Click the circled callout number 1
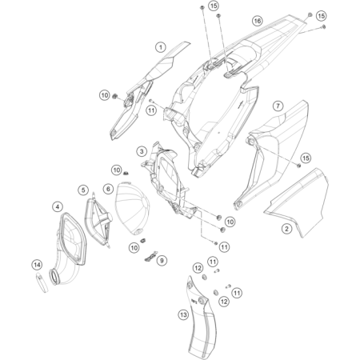pyautogui.click(x=161, y=47)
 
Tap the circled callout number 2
pyautogui.click(x=286, y=229)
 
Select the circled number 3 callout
pyautogui.click(x=142, y=151)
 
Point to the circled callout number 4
pyautogui.click(x=58, y=206)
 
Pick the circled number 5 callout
pyautogui.click(x=83, y=190)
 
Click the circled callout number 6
pyautogui.click(x=108, y=189)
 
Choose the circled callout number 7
pyautogui.click(x=278, y=106)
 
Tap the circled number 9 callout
pyautogui.click(x=162, y=260)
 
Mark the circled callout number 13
pyautogui.click(x=183, y=315)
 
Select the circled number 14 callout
pyautogui.click(x=37, y=265)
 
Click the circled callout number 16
pyautogui.click(x=258, y=21)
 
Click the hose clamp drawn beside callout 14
pyautogui.click(x=42, y=283)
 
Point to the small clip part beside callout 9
pyautogui.click(x=150, y=257)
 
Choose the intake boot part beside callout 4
pyautogui.click(x=70, y=250)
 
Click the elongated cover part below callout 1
pyautogui.click(x=144, y=90)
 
